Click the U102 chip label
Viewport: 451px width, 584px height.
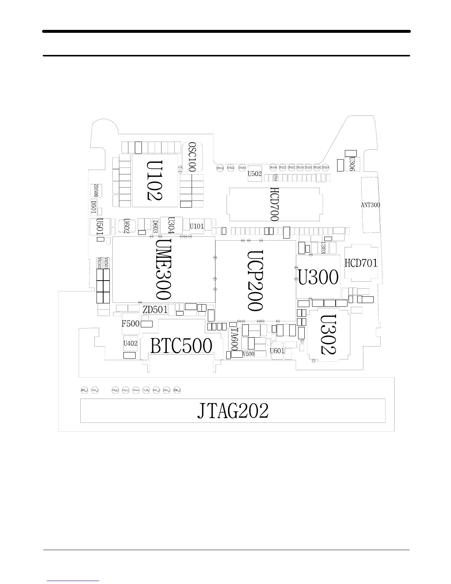[154, 180]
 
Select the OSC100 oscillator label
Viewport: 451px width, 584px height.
[192, 157]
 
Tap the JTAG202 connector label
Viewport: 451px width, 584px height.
[233, 411]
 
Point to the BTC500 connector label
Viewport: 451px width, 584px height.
[181, 346]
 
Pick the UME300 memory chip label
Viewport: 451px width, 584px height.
[163, 269]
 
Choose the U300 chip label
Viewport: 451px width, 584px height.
[318, 277]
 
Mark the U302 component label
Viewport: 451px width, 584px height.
[328, 334]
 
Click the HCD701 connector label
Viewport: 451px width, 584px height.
[361, 263]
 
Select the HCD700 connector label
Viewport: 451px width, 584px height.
[275, 204]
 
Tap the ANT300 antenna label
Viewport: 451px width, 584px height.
[370, 205]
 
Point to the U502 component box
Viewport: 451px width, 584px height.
[255, 174]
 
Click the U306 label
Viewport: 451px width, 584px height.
[352, 164]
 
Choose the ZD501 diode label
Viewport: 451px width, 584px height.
[155, 309]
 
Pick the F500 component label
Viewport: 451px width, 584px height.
[130, 324]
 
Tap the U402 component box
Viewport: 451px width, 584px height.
[130, 343]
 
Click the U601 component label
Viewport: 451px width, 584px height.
[277, 351]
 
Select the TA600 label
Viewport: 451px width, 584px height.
[234, 340]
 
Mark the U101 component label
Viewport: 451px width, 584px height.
[197, 226]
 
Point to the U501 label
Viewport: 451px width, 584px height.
[100, 226]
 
